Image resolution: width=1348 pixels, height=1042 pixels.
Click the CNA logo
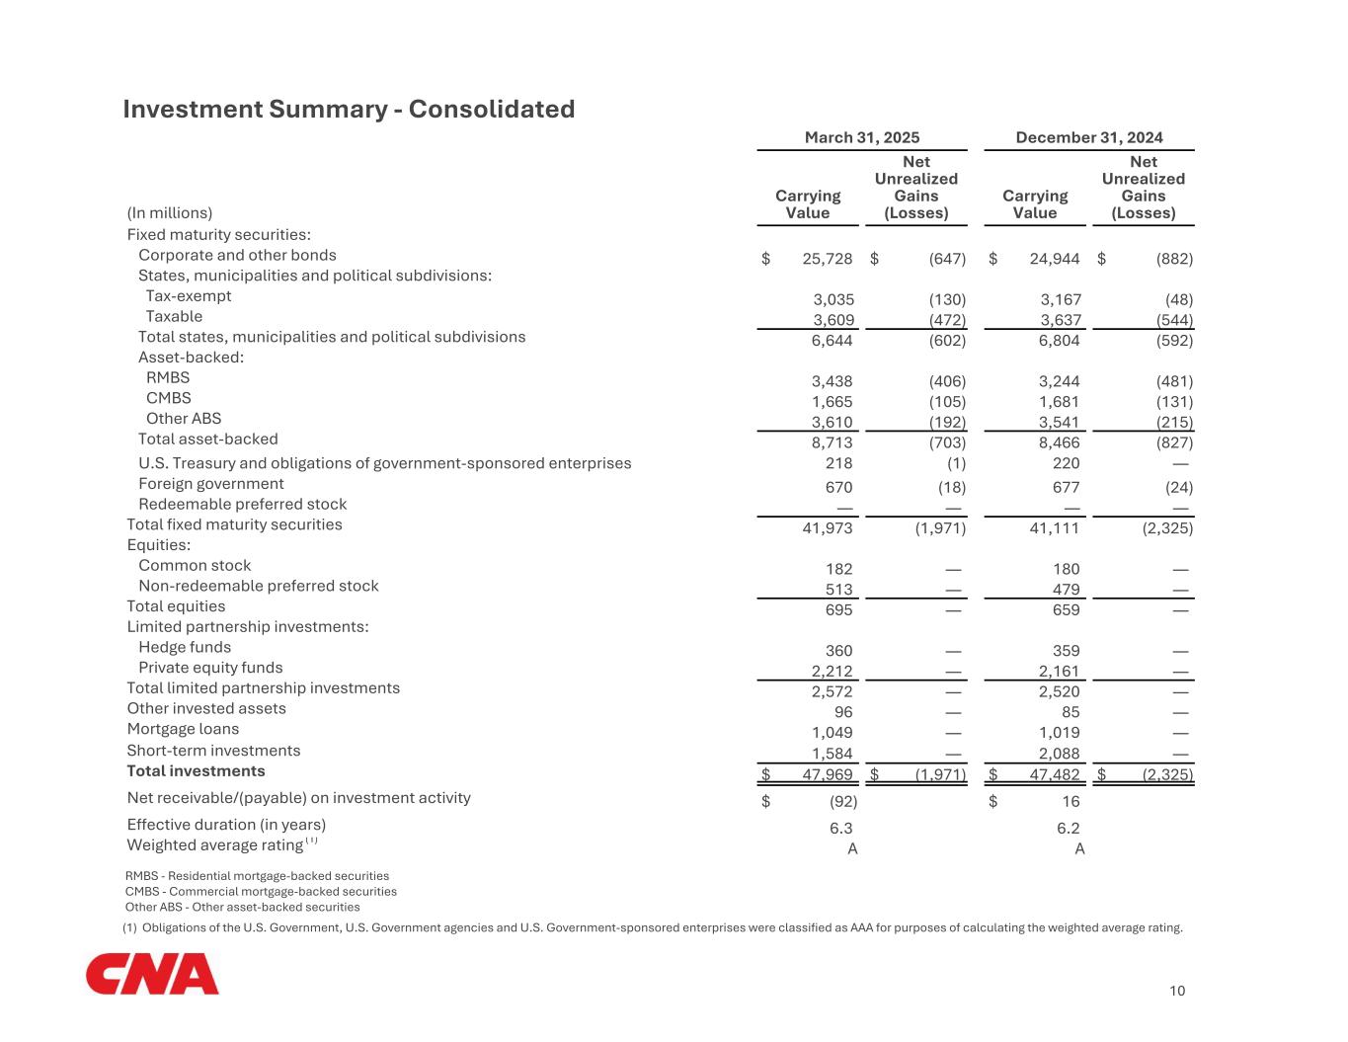pyautogui.click(x=152, y=974)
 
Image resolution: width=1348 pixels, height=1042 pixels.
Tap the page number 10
pyautogui.click(x=1177, y=991)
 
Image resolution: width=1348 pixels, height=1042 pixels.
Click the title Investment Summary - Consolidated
pyautogui.click(x=349, y=109)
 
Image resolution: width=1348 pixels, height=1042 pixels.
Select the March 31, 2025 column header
pyautogui.click(x=862, y=138)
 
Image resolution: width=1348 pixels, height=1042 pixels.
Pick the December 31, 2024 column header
pyautogui.click(x=1089, y=138)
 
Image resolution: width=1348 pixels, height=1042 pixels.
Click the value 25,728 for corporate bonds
pyautogui.click(x=828, y=259)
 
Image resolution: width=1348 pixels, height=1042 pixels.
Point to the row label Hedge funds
pyautogui.click(x=185, y=647)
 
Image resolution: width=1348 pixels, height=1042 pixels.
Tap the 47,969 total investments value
pyautogui.click(x=828, y=774)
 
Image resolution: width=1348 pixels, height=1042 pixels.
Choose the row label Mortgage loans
pyautogui.click(x=183, y=729)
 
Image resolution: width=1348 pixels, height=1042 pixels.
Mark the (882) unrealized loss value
pyautogui.click(x=1174, y=259)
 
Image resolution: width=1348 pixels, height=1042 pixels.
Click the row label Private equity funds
pyautogui.click(x=210, y=668)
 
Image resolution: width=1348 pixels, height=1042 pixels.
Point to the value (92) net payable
pyautogui.click(x=841, y=802)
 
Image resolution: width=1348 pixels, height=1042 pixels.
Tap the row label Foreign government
pyautogui.click(x=211, y=484)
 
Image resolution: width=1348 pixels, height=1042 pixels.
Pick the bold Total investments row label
pyautogui.click(x=197, y=771)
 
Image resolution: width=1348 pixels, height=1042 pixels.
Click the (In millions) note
pyautogui.click(x=170, y=213)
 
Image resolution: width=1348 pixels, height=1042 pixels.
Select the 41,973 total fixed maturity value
pyautogui.click(x=828, y=528)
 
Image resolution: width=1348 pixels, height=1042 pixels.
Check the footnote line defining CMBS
pyautogui.click(x=261, y=891)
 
